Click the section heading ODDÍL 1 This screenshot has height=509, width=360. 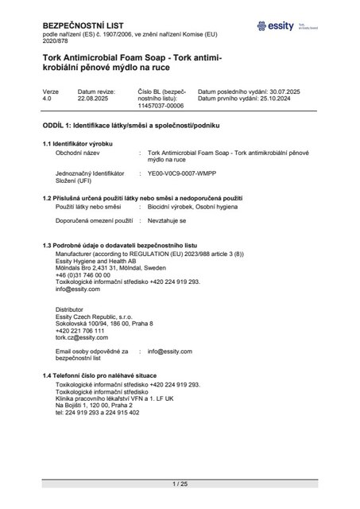tap(130, 126)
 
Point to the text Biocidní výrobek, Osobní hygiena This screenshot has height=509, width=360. tap(195, 206)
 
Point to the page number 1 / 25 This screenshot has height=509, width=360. tap(180, 484)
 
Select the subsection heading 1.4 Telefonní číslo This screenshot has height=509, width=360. tap(99, 375)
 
